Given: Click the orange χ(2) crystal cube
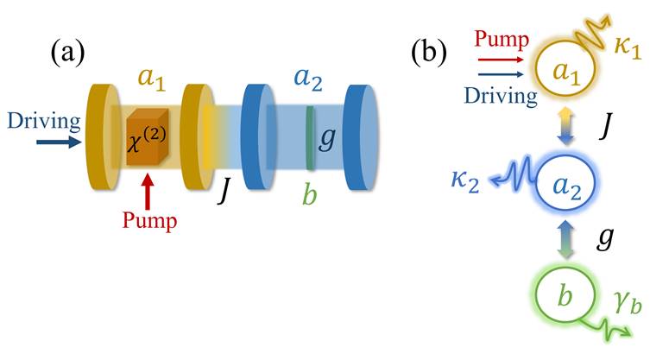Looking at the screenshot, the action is (x=147, y=136).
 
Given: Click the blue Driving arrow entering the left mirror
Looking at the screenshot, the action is (x=59, y=142).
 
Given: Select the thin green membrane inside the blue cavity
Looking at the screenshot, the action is (x=310, y=137).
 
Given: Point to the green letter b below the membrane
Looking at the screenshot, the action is (x=309, y=194).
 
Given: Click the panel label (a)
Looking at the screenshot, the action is (x=67, y=53).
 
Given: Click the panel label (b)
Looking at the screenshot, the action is (x=429, y=53).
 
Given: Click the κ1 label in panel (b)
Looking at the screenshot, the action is (x=628, y=47).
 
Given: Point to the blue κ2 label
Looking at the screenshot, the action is (x=465, y=181).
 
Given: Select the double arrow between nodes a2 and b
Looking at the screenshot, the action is (x=566, y=240).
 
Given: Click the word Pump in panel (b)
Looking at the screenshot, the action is (x=502, y=40).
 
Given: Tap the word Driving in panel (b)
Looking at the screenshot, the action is (x=501, y=97).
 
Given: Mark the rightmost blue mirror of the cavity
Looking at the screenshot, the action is (x=362, y=137).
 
